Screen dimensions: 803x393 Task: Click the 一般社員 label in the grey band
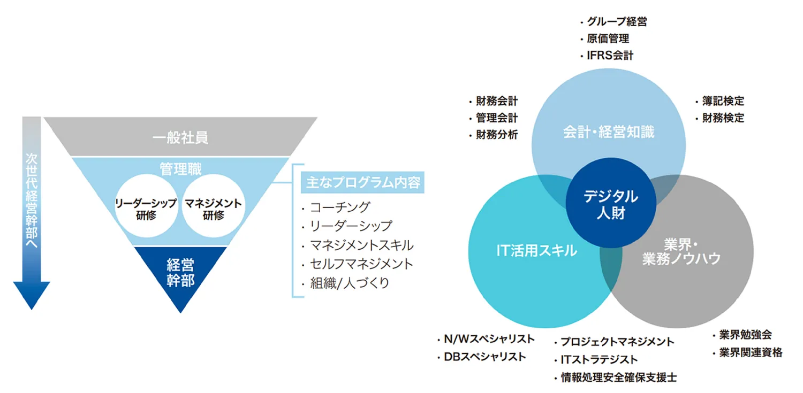point(180,137)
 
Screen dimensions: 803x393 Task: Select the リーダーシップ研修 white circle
point(146,206)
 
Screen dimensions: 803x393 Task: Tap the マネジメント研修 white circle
point(213,206)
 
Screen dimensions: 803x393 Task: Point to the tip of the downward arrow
point(32,310)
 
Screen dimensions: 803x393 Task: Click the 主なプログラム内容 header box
point(362,182)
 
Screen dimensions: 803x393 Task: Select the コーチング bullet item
point(336,207)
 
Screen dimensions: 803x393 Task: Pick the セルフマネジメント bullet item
point(358,264)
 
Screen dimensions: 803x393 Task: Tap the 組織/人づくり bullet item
point(346,283)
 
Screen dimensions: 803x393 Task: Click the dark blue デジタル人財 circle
point(611,203)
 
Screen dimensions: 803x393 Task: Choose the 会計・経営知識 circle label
point(609,132)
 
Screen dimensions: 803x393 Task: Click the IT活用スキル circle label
point(536,251)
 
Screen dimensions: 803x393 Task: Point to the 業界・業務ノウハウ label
point(681,252)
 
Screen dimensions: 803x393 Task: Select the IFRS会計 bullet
point(607,56)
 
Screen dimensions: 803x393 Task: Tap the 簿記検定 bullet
point(720,101)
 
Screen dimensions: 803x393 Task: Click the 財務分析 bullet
point(494,135)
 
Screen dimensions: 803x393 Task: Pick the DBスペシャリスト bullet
point(481,357)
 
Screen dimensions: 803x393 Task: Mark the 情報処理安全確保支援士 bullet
point(616,377)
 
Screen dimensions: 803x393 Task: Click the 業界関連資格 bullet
point(747,352)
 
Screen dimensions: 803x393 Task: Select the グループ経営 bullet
point(613,22)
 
